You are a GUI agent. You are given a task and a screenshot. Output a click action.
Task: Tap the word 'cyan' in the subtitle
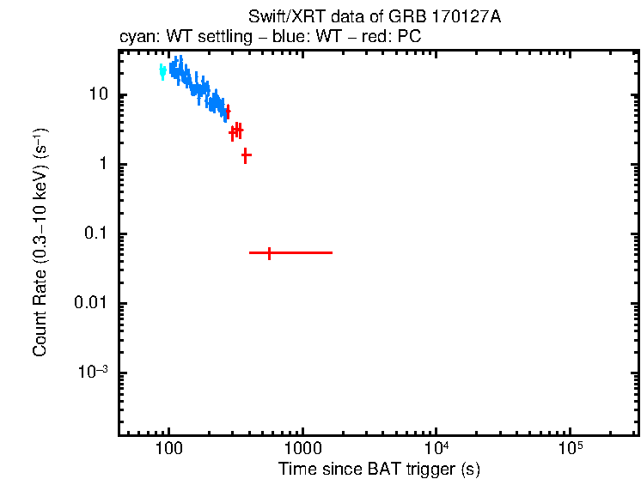click(135, 38)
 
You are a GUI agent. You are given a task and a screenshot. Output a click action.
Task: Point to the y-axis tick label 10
click(98, 95)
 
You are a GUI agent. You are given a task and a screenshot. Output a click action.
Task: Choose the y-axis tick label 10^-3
click(93, 373)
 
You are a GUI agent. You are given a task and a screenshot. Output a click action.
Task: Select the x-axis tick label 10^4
click(436, 449)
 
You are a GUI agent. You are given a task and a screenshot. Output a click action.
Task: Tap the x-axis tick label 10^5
click(571, 449)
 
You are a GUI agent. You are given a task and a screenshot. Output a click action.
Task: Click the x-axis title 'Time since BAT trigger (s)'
click(378, 469)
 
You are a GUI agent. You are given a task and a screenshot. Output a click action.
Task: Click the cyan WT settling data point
click(162, 72)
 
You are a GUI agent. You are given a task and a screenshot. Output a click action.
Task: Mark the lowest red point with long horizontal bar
click(270, 253)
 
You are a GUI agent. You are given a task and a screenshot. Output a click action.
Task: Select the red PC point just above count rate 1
click(246, 155)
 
